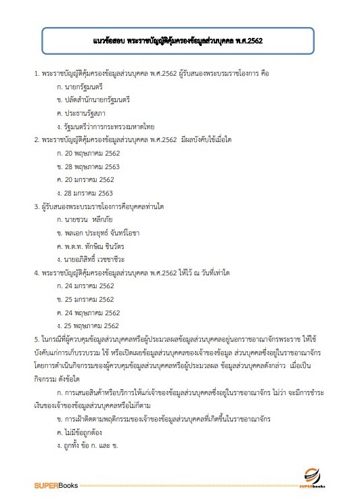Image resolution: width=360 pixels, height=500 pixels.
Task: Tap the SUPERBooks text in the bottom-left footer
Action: pyautogui.click(x=57, y=485)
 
